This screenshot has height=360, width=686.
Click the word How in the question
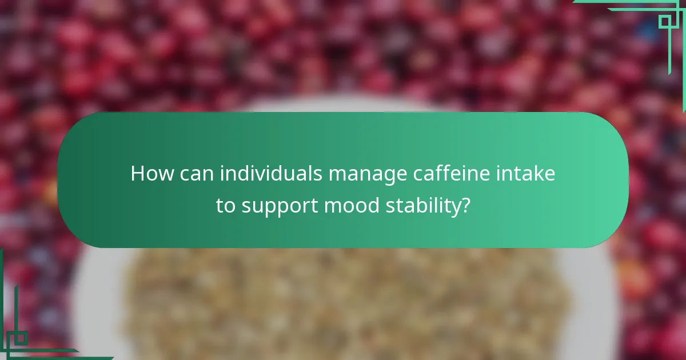point(151,174)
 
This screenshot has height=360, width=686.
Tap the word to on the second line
point(226,206)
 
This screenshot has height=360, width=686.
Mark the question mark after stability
point(465,206)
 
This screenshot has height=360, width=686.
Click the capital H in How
point(137,174)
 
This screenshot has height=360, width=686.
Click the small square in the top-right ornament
point(664,22)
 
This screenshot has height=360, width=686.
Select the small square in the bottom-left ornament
point(21,338)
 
